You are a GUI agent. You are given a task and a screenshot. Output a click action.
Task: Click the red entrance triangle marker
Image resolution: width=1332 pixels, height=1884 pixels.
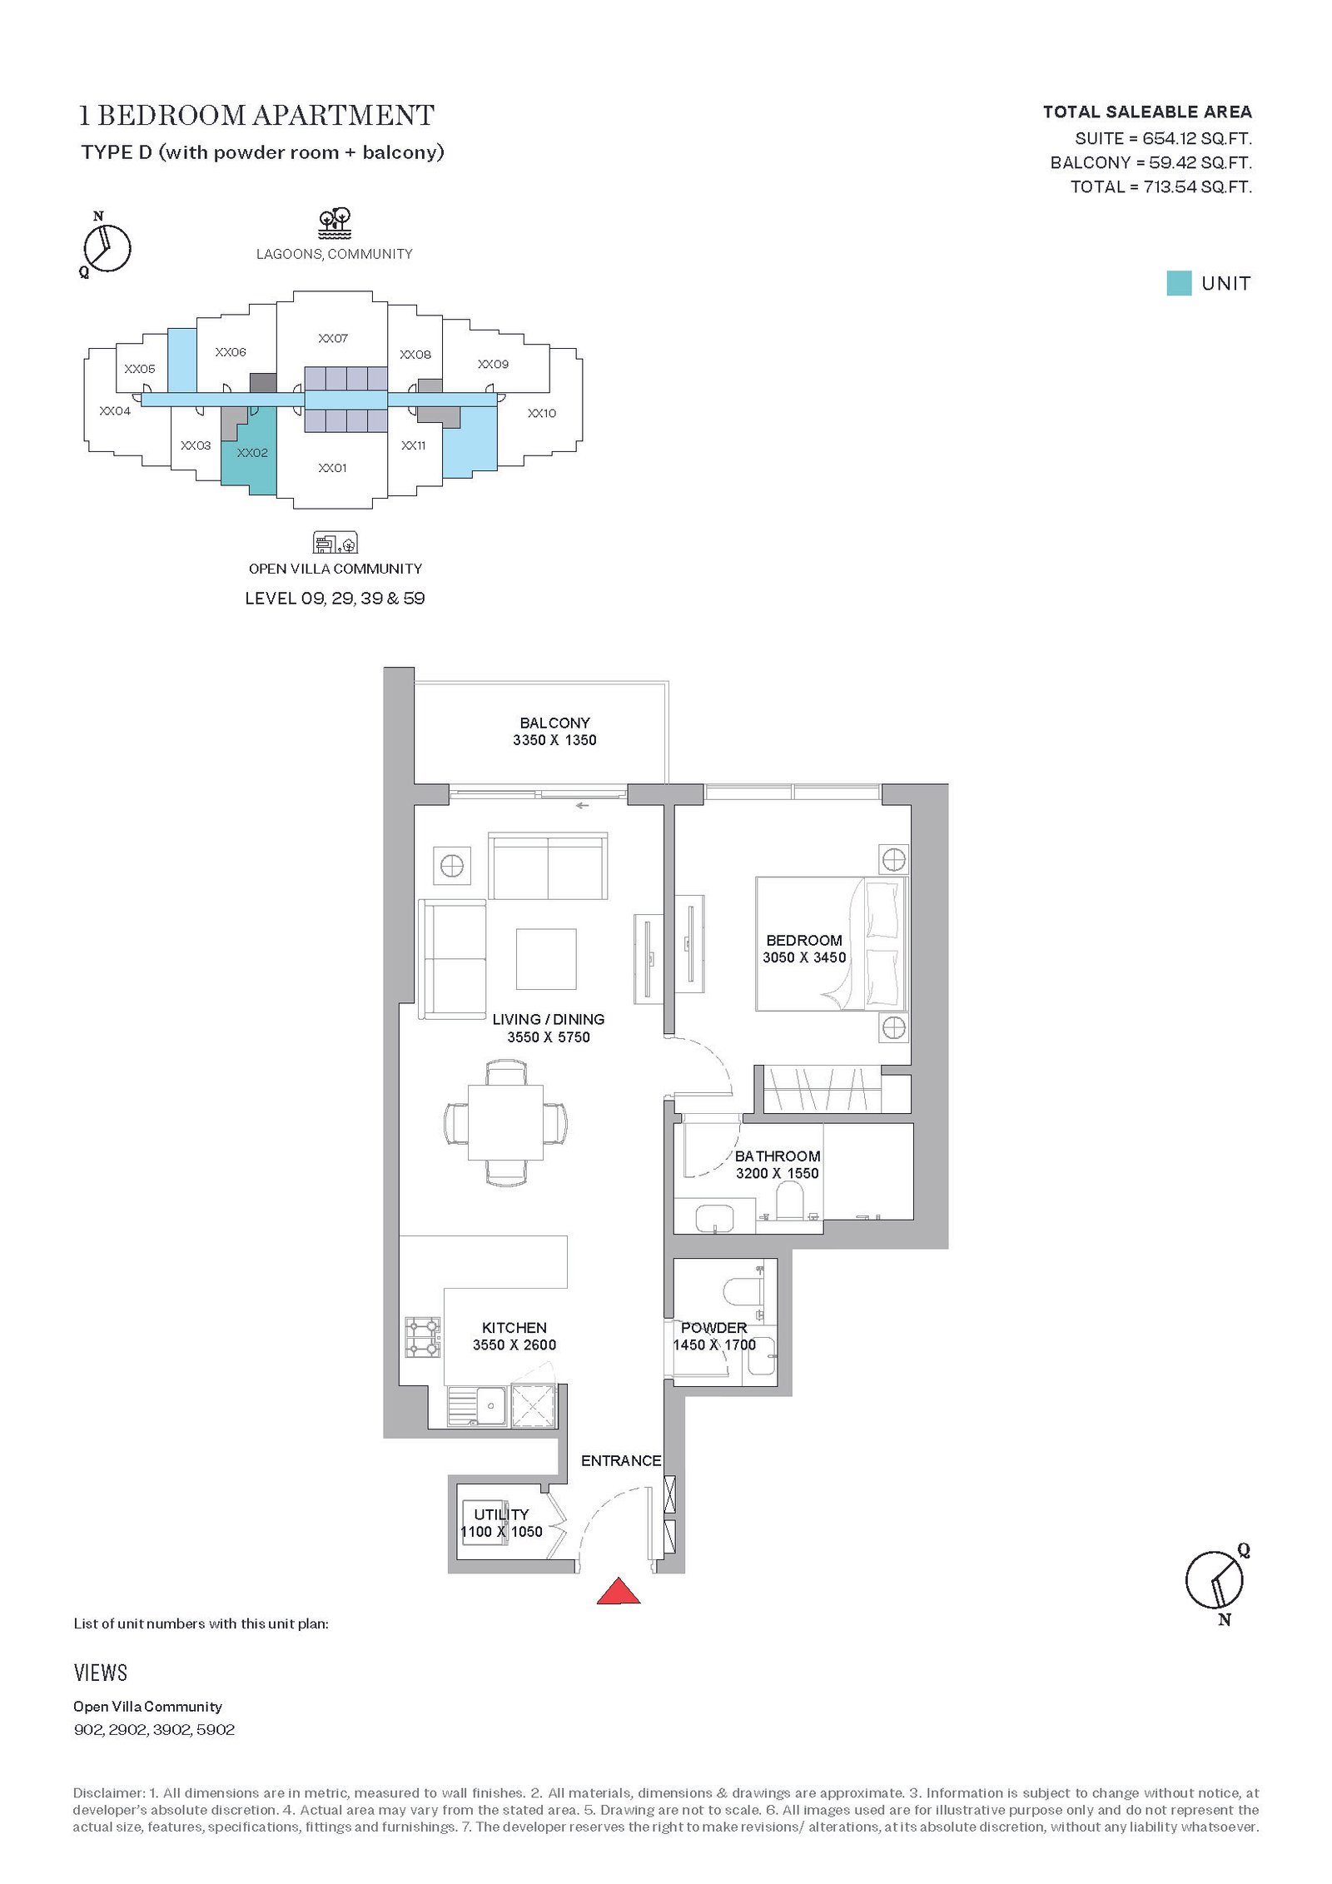pyautogui.click(x=619, y=1591)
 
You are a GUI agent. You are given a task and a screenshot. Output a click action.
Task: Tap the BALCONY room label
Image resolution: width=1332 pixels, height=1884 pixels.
pyautogui.click(x=554, y=723)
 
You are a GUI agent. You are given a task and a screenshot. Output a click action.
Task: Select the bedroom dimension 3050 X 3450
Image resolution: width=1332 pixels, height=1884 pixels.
pyautogui.click(x=804, y=957)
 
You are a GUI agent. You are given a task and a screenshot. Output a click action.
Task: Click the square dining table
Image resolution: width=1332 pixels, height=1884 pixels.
pyautogui.click(x=505, y=1122)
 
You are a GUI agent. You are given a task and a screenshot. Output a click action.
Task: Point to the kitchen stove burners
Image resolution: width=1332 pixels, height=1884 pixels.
pyautogui.click(x=423, y=1337)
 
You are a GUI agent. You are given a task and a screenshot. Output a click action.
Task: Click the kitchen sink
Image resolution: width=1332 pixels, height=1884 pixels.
pyautogui.click(x=477, y=1406)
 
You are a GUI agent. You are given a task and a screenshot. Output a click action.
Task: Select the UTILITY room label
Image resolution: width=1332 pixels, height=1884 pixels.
pyautogui.click(x=501, y=1514)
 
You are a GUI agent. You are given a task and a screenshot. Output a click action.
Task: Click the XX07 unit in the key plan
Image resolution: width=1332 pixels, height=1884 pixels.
pyautogui.click(x=333, y=338)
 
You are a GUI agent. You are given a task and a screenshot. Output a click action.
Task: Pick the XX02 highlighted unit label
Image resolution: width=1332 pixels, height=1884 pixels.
pyautogui.click(x=252, y=453)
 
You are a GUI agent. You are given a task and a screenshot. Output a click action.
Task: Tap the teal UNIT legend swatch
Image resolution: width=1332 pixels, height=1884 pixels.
pyautogui.click(x=1179, y=283)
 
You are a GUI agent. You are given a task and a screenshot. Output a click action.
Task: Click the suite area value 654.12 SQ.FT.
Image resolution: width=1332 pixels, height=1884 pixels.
pyautogui.click(x=1197, y=138)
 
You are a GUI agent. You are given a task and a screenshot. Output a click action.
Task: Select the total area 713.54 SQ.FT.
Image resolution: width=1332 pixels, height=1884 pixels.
pyautogui.click(x=1197, y=186)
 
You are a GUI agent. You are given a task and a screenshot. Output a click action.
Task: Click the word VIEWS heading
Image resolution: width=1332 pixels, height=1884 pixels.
pyautogui.click(x=101, y=1673)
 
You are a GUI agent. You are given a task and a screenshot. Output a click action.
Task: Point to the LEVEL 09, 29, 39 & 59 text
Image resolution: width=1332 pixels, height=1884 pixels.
pyautogui.click(x=335, y=598)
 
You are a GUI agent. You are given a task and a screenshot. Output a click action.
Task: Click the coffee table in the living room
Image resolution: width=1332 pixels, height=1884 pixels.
pyautogui.click(x=546, y=959)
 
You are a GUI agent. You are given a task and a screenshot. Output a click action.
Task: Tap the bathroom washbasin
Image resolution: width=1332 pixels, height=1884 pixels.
pyautogui.click(x=714, y=1217)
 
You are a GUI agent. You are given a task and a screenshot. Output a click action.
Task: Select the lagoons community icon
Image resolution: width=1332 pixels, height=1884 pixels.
pyautogui.click(x=335, y=223)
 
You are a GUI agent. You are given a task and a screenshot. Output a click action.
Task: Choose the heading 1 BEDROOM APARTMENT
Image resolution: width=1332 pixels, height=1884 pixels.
pyautogui.click(x=256, y=115)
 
